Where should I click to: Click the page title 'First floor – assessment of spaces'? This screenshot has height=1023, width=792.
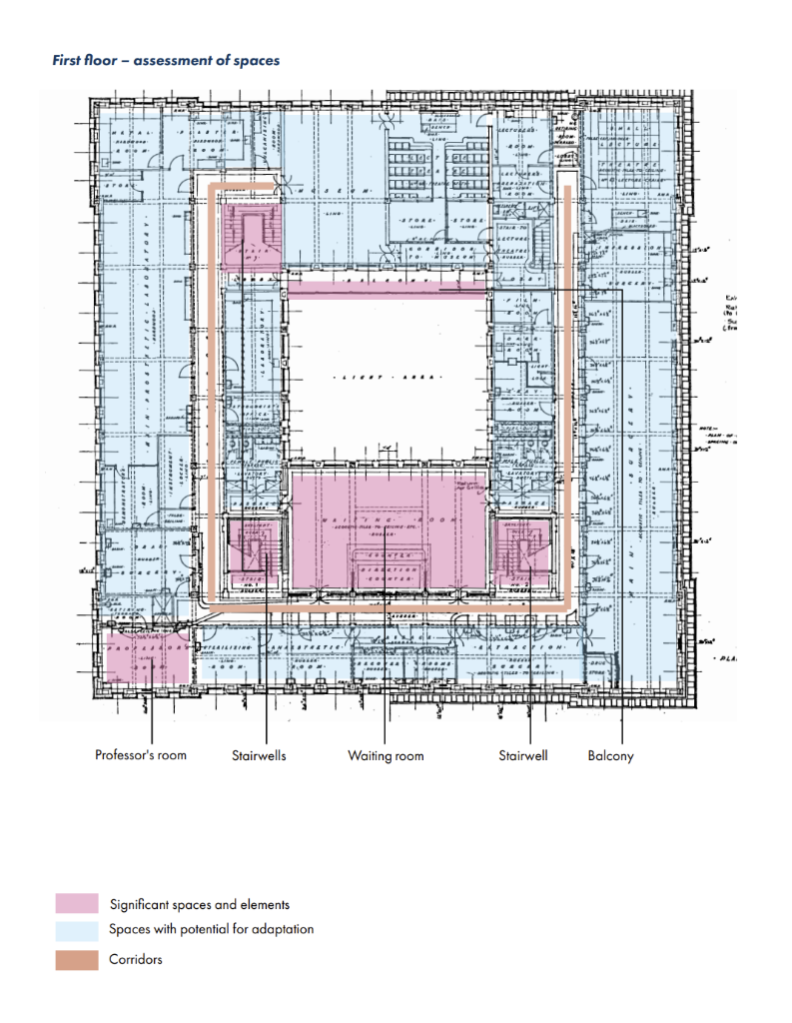tap(166, 61)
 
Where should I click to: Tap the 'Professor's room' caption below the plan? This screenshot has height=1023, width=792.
tap(141, 755)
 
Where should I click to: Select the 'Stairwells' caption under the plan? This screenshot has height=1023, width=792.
tap(259, 755)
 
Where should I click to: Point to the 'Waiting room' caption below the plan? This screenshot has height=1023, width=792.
tap(386, 755)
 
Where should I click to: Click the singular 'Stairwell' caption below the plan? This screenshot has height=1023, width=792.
tap(523, 755)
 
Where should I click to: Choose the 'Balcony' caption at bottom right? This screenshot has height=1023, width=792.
tap(610, 755)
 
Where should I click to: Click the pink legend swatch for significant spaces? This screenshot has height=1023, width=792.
tap(77, 904)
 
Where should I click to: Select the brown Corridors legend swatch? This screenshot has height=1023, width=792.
tap(77, 959)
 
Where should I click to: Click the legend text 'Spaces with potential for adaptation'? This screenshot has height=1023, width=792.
tap(212, 929)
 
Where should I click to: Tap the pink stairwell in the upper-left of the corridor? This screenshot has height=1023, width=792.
tap(250, 235)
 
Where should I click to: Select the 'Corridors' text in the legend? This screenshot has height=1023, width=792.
tap(136, 959)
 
